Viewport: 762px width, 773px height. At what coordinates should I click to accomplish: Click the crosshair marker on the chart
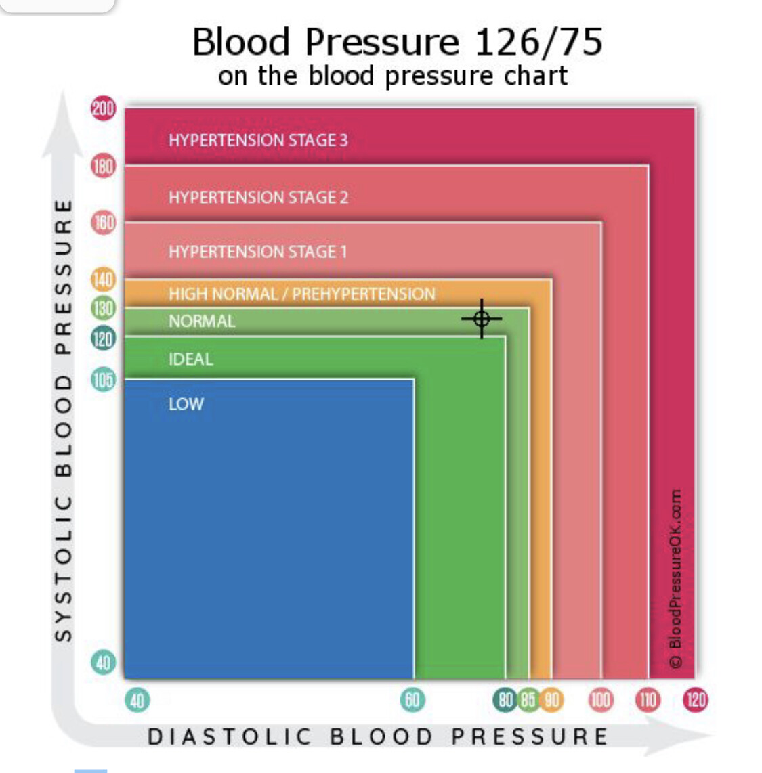482,318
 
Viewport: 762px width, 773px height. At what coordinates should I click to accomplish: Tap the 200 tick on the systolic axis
103,108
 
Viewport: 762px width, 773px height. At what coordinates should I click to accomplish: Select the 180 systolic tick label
103,166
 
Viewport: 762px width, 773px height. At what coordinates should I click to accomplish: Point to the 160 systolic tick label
103,222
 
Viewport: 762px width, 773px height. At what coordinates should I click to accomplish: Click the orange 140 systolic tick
103,279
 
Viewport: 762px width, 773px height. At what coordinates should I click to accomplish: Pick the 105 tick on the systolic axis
103,380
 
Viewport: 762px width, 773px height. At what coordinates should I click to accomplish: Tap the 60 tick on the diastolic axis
412,700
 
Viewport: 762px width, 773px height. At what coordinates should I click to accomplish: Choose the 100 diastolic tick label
600,700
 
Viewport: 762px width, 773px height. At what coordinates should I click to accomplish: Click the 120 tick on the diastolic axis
696,700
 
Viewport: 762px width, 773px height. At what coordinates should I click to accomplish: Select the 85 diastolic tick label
528,700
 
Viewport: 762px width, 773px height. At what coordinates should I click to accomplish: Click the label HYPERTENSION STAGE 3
258,140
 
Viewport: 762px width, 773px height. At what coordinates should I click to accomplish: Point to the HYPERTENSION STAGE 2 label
258,198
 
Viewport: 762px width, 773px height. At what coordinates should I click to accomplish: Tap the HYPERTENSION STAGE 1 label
257,252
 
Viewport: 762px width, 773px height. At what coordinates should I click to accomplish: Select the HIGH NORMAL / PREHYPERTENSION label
302,294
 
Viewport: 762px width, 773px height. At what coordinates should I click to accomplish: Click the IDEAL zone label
191,359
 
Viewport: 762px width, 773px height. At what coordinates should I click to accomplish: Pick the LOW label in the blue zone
186,404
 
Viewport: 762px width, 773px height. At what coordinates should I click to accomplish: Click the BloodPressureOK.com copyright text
675,579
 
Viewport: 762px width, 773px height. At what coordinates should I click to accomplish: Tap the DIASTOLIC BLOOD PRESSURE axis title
378,736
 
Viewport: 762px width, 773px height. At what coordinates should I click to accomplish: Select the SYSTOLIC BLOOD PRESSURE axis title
63,420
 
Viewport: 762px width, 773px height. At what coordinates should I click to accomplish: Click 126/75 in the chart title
538,42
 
